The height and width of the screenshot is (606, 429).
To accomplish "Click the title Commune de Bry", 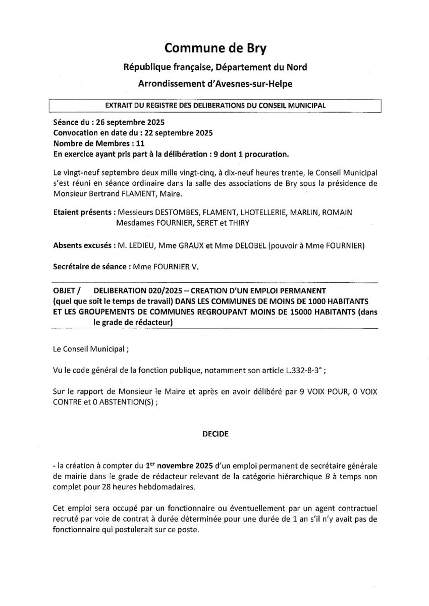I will pos(215,48).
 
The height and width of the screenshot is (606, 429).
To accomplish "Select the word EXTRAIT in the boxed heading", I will pos(120,106).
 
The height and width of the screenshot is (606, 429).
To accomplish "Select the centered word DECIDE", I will pos(216,434).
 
